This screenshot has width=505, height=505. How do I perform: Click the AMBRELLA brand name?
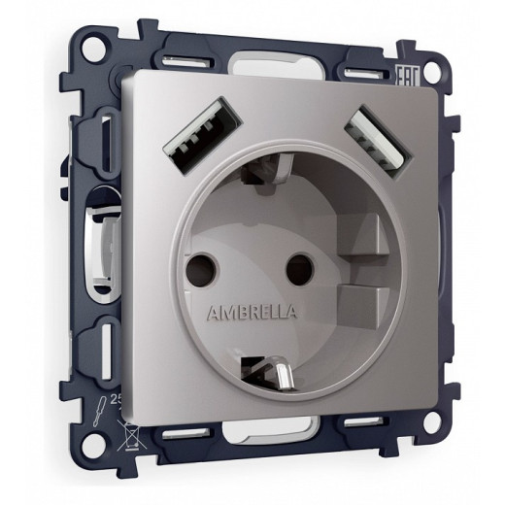(x=253, y=311)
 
